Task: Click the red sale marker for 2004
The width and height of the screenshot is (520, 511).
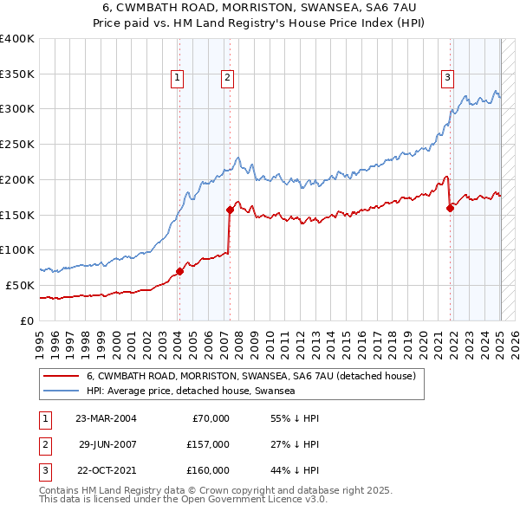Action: tap(179, 271)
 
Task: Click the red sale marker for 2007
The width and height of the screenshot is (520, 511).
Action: tap(230, 210)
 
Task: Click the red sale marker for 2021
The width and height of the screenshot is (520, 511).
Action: tap(451, 207)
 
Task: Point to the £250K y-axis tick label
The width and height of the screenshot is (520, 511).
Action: tap(17, 144)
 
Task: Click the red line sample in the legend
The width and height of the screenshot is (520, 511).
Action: tap(61, 376)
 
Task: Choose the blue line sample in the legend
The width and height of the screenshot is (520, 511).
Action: tap(61, 391)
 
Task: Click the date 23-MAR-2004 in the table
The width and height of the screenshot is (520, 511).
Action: tap(106, 418)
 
